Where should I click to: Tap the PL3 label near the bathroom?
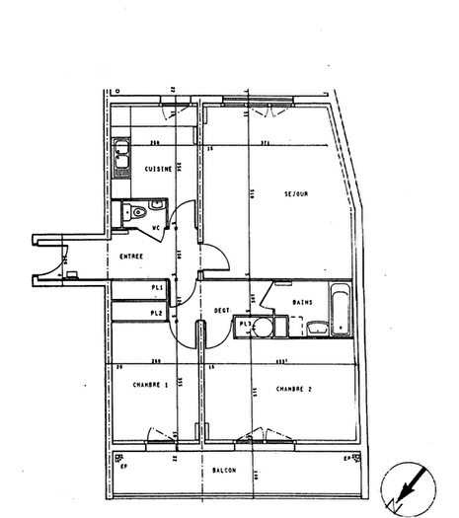coord(243,323)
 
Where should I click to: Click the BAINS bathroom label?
coord(304,303)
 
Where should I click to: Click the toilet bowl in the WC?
coord(139,213)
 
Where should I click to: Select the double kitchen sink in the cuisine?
coord(122,155)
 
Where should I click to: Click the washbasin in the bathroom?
coord(315,328)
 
